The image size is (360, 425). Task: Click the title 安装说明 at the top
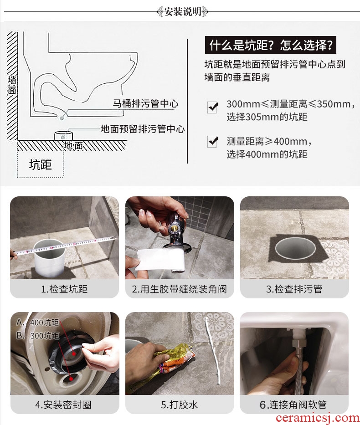coord(183,12)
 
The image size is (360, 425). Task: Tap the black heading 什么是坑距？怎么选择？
coord(271,45)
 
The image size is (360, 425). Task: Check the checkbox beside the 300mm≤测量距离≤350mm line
coord(212,108)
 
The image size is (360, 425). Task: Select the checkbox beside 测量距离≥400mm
coord(212,142)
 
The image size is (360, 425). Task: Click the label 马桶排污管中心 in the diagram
coord(145,103)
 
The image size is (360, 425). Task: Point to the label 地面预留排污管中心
coord(143,129)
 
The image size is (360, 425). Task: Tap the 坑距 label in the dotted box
coord(41,164)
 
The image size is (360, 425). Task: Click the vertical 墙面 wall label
coord(12,85)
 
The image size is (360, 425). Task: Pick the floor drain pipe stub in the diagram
coord(64,136)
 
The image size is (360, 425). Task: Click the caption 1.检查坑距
coord(64,289)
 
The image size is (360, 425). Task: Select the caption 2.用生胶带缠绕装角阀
coord(179,289)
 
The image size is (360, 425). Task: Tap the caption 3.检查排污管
coord(294,289)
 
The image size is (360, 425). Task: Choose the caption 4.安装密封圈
coord(63,405)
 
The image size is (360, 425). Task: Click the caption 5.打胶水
coord(179,405)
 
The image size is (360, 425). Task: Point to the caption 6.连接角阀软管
coord(293,405)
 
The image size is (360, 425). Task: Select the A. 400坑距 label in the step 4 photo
coord(37,322)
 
